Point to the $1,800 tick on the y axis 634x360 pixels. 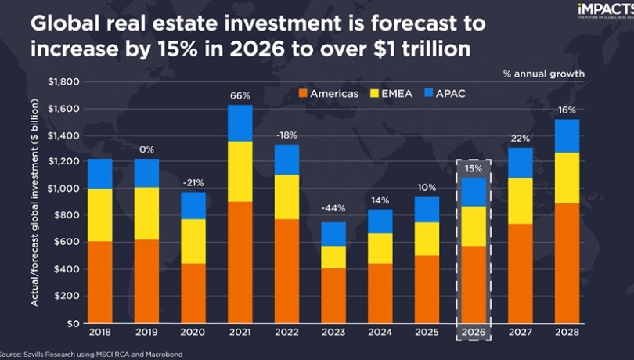(63, 81)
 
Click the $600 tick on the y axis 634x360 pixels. (67, 242)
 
